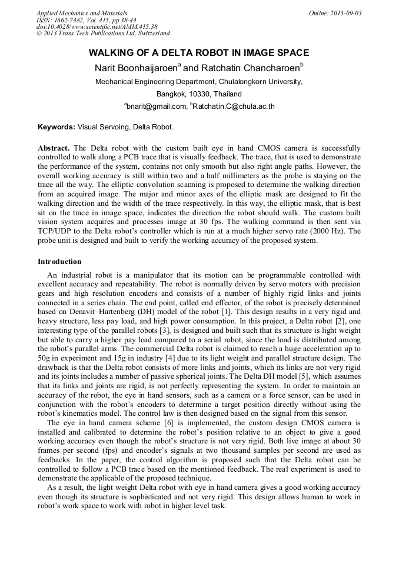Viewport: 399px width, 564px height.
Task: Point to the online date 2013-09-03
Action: click(344, 13)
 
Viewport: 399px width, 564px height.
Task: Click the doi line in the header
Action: click(97, 27)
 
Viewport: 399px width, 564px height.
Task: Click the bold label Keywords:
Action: click(56, 127)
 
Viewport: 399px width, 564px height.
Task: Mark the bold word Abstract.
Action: click(54, 148)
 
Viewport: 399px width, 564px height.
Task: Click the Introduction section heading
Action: click(59, 262)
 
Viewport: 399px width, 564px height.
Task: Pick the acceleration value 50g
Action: click(44, 365)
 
